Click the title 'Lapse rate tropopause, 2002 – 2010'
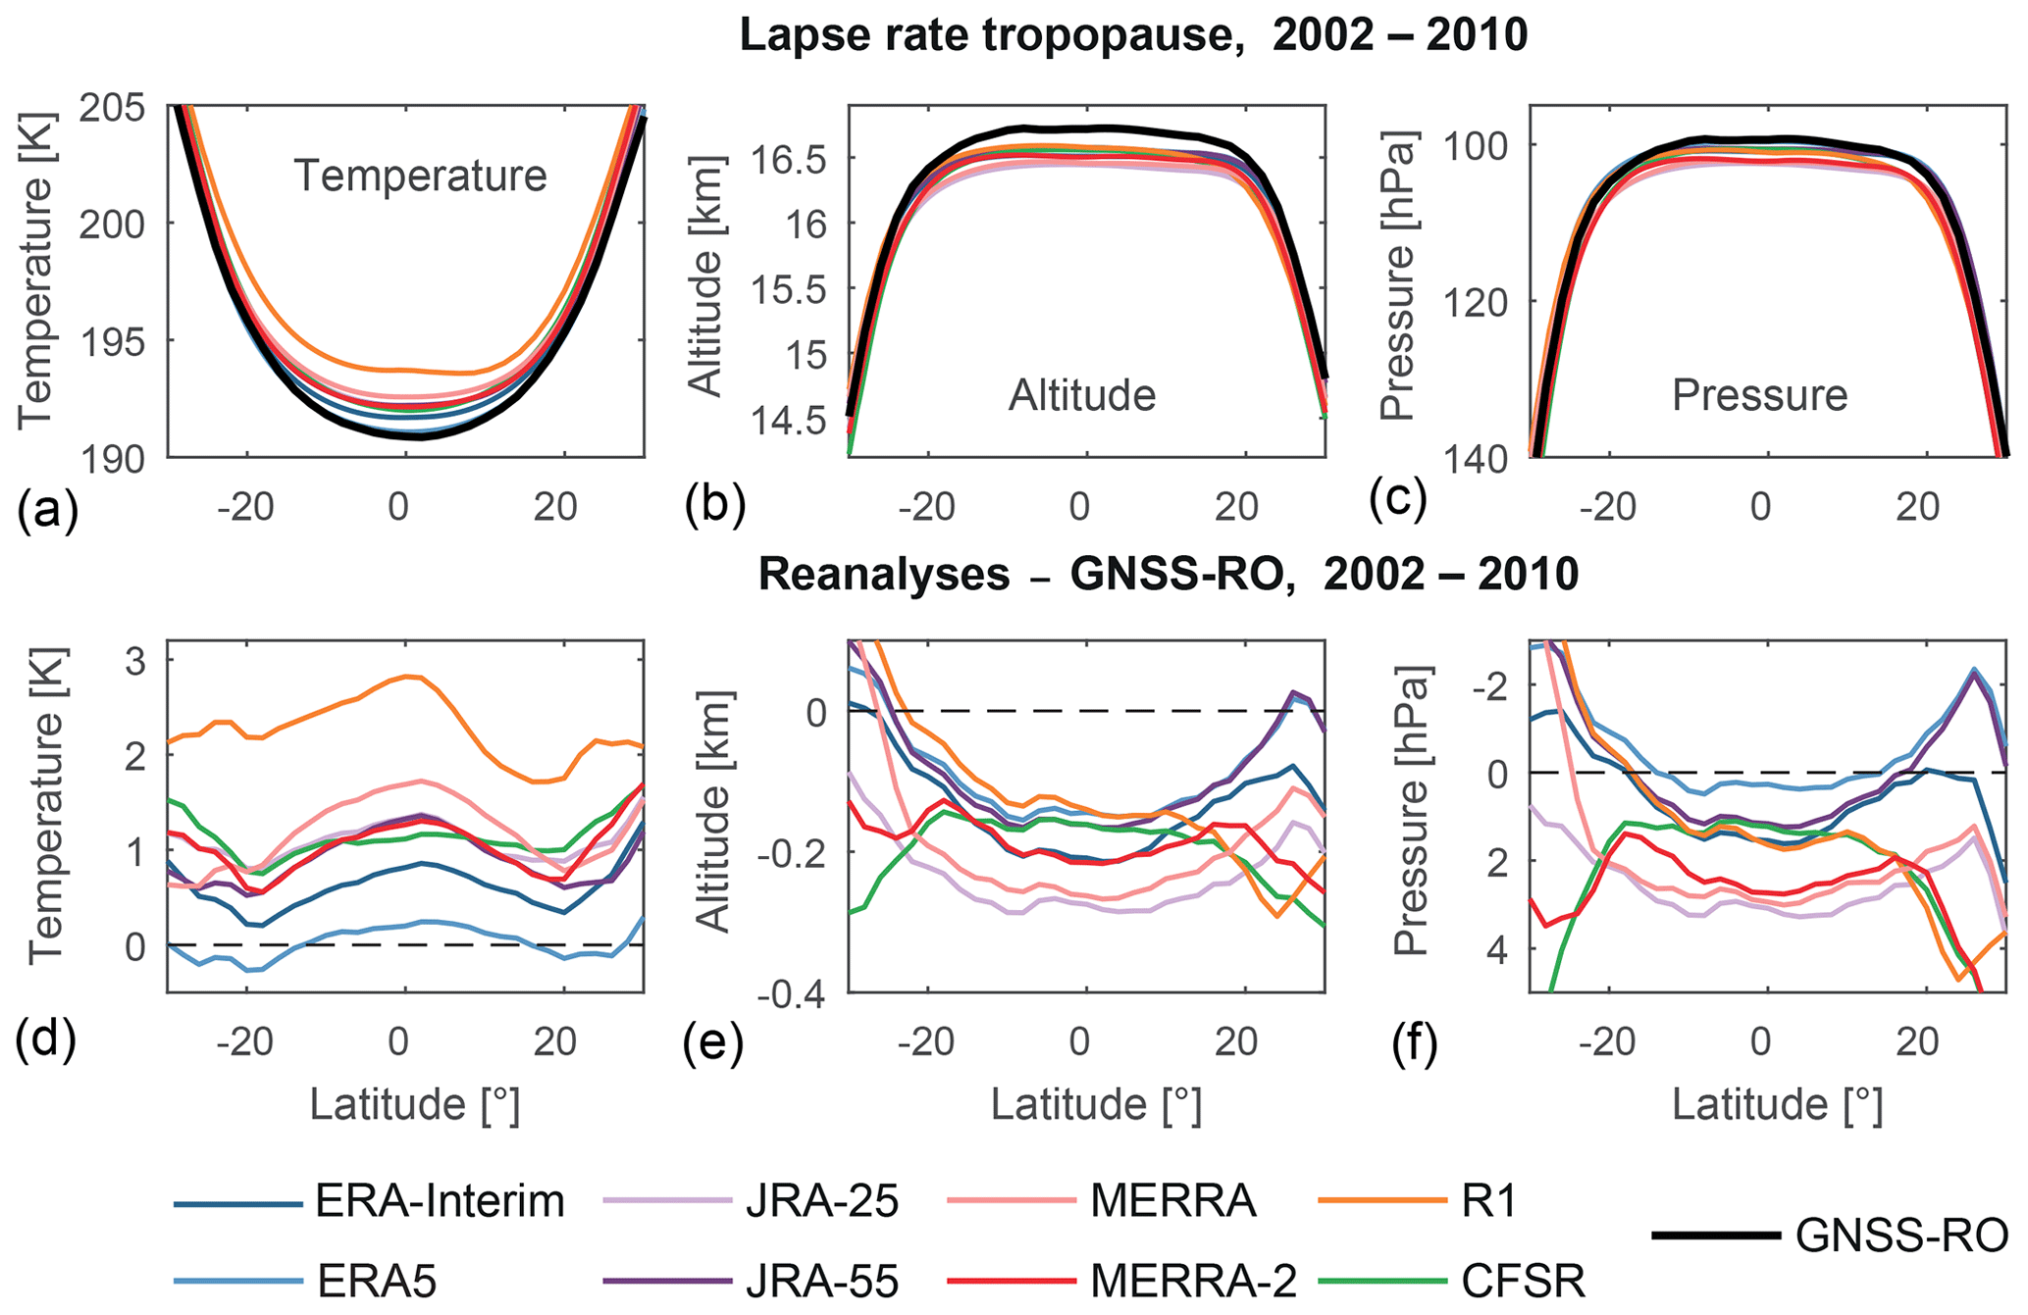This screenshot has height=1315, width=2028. click(x=1133, y=36)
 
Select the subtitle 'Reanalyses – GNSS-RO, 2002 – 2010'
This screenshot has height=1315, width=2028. click(x=1168, y=575)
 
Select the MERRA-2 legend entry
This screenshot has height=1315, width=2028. click(x=1193, y=1281)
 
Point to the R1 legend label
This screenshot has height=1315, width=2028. click(x=1488, y=1201)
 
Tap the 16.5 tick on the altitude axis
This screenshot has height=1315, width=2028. click(x=785, y=159)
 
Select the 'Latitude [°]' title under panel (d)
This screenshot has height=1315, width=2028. click(x=415, y=1104)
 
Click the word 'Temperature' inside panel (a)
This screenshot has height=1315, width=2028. click(x=421, y=177)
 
